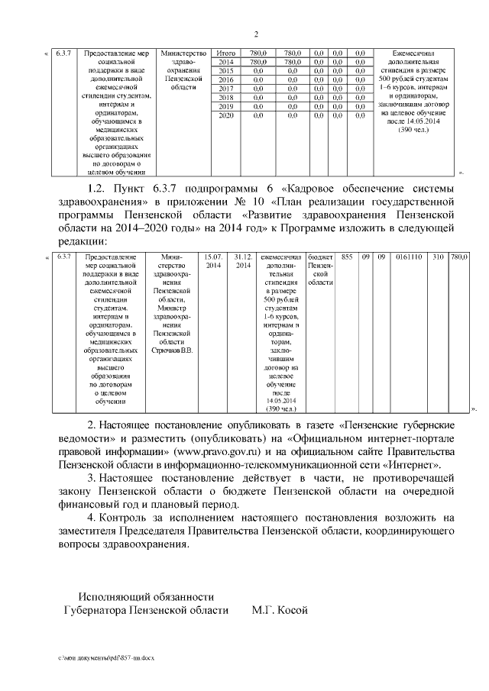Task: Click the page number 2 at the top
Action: (256, 34)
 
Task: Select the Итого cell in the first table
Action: (226, 53)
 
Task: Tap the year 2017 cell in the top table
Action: (226, 89)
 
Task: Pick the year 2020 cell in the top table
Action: (226, 115)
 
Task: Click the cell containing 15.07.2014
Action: (212, 261)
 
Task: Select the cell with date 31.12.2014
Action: (242, 261)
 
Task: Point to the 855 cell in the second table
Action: (348, 257)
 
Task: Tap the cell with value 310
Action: (438, 257)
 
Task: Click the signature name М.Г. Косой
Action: (279, 610)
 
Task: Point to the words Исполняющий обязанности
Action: (146, 596)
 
